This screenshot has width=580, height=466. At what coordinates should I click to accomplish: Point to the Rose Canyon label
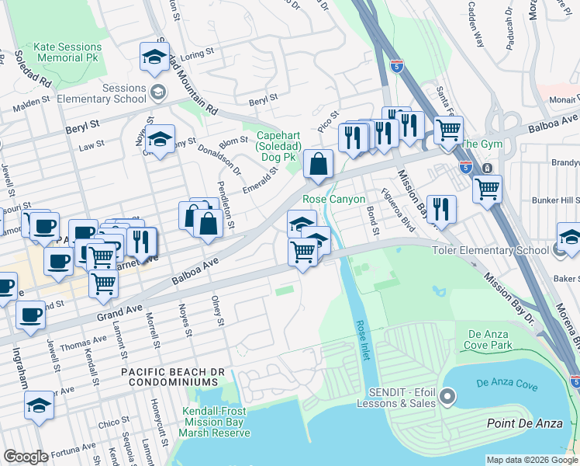[x=333, y=200]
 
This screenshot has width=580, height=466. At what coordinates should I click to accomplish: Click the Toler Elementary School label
[x=500, y=251]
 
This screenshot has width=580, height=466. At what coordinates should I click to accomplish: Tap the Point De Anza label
[x=523, y=423]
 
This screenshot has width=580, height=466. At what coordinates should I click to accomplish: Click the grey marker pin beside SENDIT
[x=447, y=398]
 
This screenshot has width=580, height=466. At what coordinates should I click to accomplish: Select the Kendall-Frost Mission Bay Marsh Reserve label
[x=216, y=422]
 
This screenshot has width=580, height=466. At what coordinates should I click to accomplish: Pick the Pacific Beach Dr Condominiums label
[x=173, y=377]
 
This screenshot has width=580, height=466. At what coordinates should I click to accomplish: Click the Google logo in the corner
[x=26, y=457]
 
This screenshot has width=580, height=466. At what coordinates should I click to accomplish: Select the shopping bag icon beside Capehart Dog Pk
[x=318, y=163]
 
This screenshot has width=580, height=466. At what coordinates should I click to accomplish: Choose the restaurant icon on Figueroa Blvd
[x=440, y=208]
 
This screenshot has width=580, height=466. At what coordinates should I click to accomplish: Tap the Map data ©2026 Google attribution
[x=531, y=460]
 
